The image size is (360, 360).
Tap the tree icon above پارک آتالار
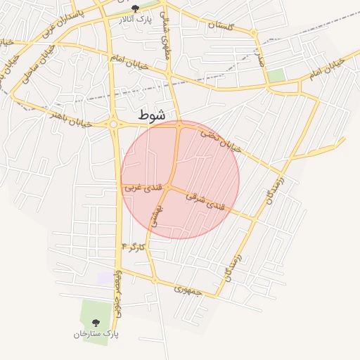click(136, 8)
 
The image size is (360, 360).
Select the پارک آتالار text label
click(135, 19)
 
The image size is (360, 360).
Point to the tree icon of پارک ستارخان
click(96, 322)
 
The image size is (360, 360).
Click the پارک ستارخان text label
click(96, 333)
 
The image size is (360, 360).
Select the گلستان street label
click(220, 25)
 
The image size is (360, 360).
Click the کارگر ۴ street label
click(133, 247)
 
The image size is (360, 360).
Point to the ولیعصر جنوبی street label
click(119, 289)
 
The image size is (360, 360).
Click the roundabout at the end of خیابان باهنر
click(113, 124)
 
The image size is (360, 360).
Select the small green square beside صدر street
click(276, 75)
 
